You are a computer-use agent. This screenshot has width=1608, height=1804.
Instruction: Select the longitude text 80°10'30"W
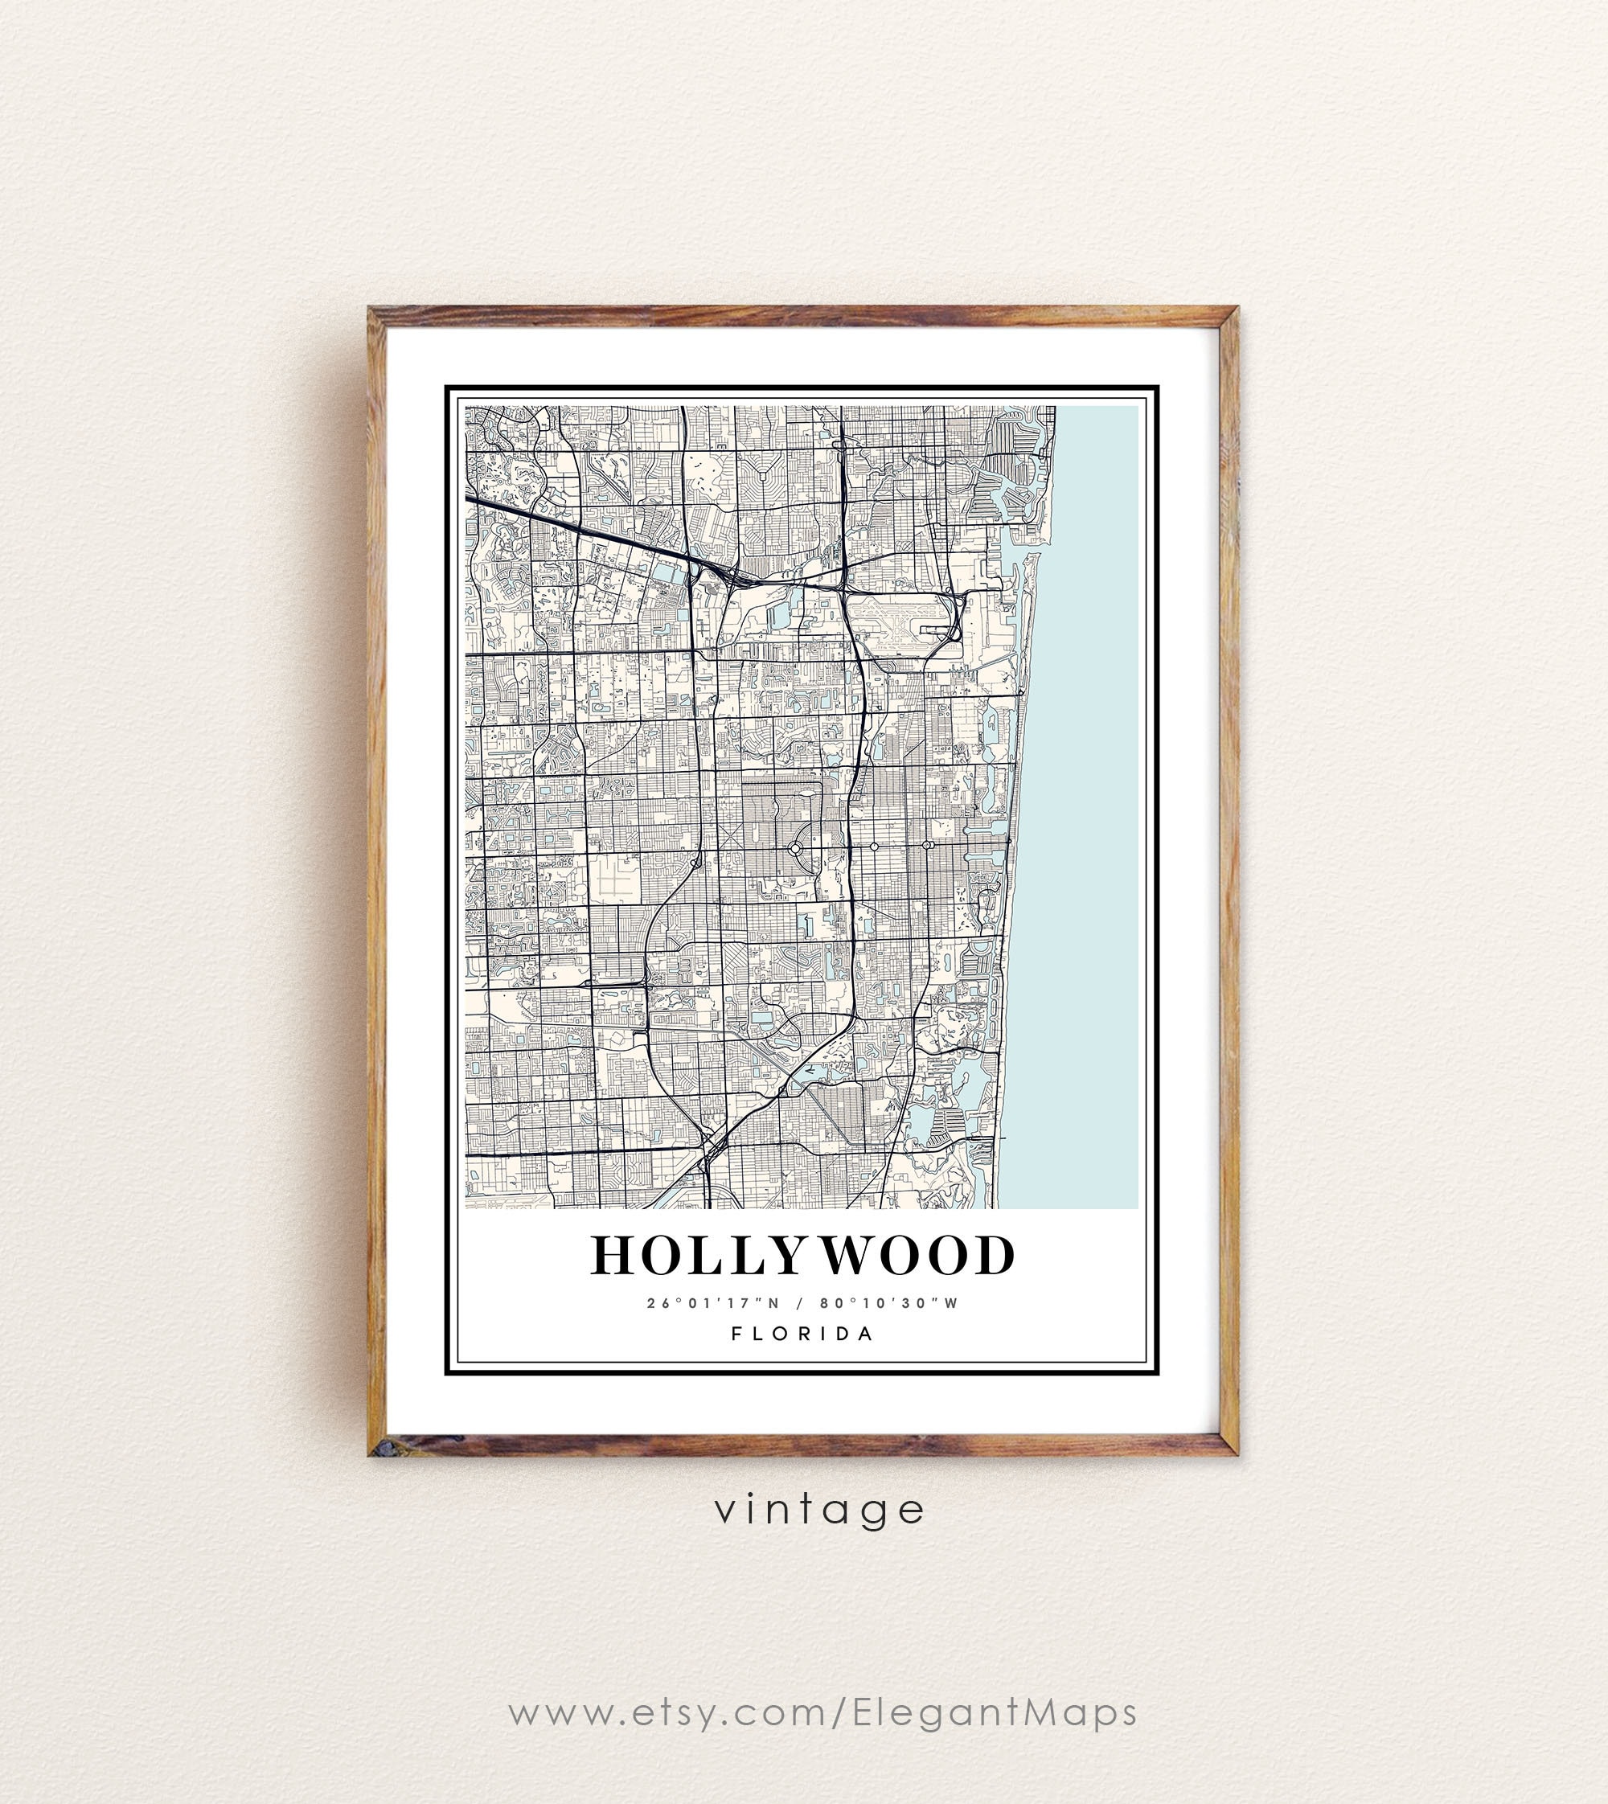(x=888, y=1303)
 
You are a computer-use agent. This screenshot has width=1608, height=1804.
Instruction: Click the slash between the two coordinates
(x=800, y=1303)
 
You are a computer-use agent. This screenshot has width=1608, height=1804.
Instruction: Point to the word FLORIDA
(x=802, y=1334)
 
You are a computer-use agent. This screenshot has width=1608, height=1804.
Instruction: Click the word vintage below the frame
(x=820, y=1510)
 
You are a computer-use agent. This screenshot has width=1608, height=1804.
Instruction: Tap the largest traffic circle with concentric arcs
(x=794, y=847)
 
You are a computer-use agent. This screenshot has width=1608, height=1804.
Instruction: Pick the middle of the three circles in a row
(x=874, y=847)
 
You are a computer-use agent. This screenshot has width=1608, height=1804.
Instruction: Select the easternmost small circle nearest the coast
(x=927, y=846)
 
